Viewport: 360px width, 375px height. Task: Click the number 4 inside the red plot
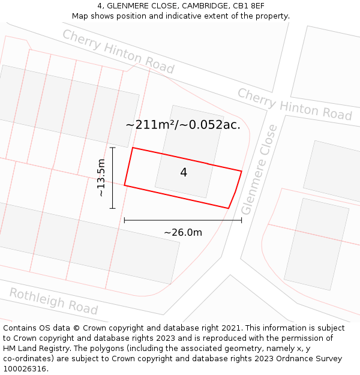(184, 173)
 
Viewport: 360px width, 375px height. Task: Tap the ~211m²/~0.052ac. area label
(183, 125)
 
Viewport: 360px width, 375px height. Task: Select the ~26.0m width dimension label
(183, 232)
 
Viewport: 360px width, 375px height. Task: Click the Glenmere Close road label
(259, 170)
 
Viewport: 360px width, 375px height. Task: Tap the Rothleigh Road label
(53, 301)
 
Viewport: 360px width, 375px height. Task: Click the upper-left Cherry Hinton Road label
(118, 52)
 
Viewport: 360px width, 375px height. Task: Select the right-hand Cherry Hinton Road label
(294, 104)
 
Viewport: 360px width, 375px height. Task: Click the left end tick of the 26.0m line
(124, 220)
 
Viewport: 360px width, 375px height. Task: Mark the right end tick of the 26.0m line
(241, 220)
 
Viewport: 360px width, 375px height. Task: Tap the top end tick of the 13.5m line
(112, 148)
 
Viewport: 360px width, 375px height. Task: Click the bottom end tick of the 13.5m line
(112, 208)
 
